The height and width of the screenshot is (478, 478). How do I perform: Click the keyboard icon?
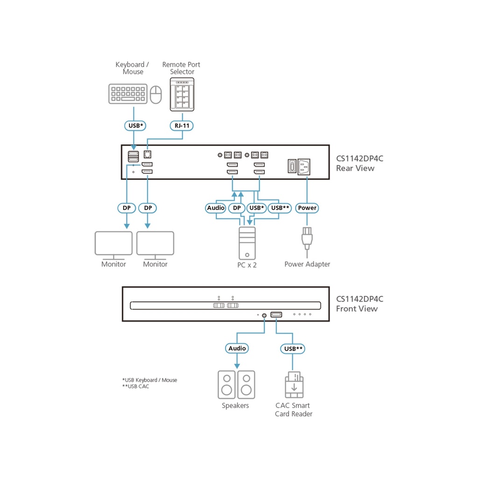[x=127, y=93]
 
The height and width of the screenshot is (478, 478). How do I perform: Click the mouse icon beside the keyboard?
[x=155, y=94]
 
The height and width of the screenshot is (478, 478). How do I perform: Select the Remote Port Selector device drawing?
[x=181, y=95]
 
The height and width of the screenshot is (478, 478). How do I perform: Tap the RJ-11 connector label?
[x=181, y=126]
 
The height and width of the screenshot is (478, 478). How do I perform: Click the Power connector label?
[x=307, y=208]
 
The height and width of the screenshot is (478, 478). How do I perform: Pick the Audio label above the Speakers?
[x=237, y=348]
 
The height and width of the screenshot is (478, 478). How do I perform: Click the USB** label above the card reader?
[x=293, y=348]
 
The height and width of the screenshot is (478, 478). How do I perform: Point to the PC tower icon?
[x=247, y=243]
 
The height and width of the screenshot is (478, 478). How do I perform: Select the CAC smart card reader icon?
[x=294, y=385]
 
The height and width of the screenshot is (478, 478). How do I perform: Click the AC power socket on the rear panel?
[x=305, y=167]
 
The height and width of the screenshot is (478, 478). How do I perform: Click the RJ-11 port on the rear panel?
[x=148, y=154]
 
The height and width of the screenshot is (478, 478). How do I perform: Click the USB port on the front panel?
[x=276, y=315]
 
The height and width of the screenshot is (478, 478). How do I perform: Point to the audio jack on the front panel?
[x=265, y=315]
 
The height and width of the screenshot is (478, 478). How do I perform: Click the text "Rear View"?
[x=355, y=169]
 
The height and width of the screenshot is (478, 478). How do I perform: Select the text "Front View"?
[x=357, y=309]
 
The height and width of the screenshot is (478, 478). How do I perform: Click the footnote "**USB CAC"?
[x=136, y=387]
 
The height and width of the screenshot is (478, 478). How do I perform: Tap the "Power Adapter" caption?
[x=307, y=264]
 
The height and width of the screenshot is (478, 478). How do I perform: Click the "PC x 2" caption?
[x=247, y=265]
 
